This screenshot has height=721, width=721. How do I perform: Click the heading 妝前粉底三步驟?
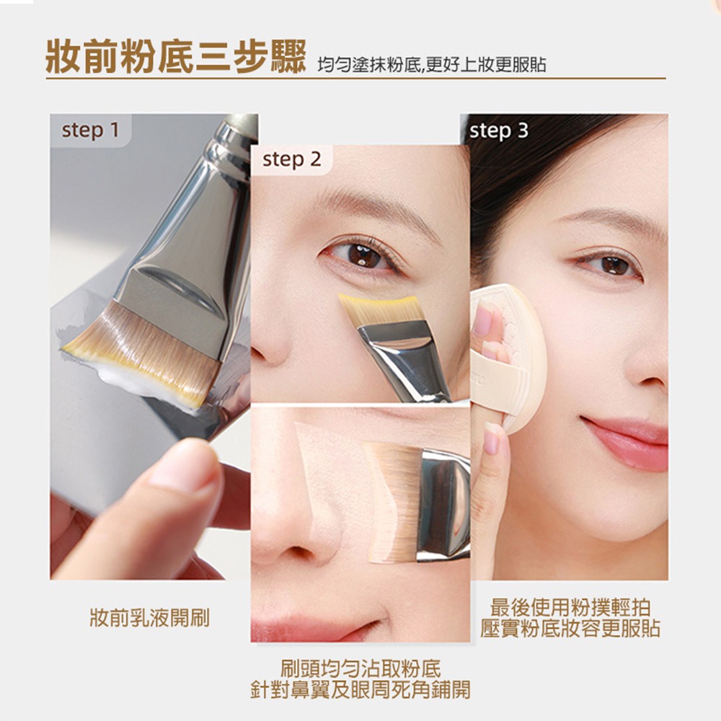(x=176, y=58)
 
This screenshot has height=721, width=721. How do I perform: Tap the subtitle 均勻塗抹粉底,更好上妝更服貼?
(x=432, y=65)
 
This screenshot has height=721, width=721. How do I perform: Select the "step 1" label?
(x=91, y=130)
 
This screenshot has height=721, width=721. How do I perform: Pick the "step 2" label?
(x=291, y=159)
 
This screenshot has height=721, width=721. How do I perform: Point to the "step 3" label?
(x=499, y=131)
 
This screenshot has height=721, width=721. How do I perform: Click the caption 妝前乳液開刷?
(x=150, y=618)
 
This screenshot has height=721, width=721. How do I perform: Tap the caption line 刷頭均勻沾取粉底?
(x=361, y=668)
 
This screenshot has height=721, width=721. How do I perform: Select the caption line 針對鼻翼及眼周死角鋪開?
(x=361, y=690)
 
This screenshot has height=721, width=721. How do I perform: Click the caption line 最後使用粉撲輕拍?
(x=570, y=607)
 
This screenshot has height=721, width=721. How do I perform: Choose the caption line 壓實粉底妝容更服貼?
(x=570, y=629)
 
